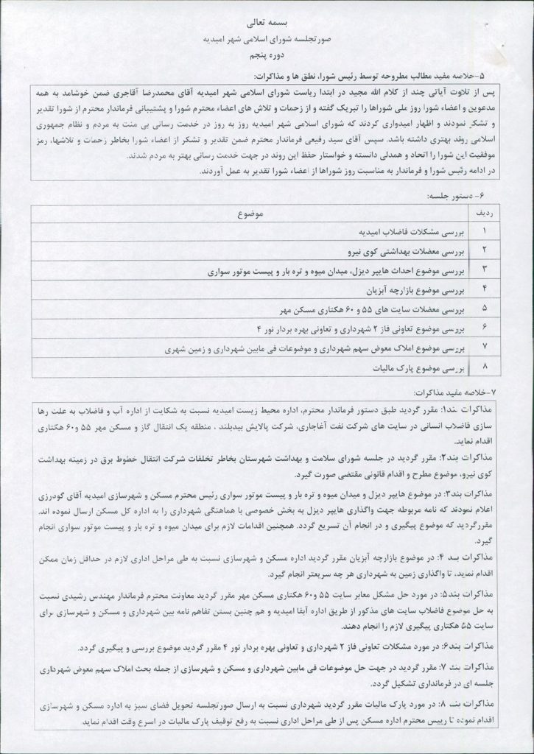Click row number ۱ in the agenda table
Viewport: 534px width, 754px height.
[x=485, y=231]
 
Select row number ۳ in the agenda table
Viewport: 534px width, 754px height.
[x=485, y=270]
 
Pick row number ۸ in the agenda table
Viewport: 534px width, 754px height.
[x=485, y=366]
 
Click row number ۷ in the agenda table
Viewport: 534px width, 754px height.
[x=485, y=346]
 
